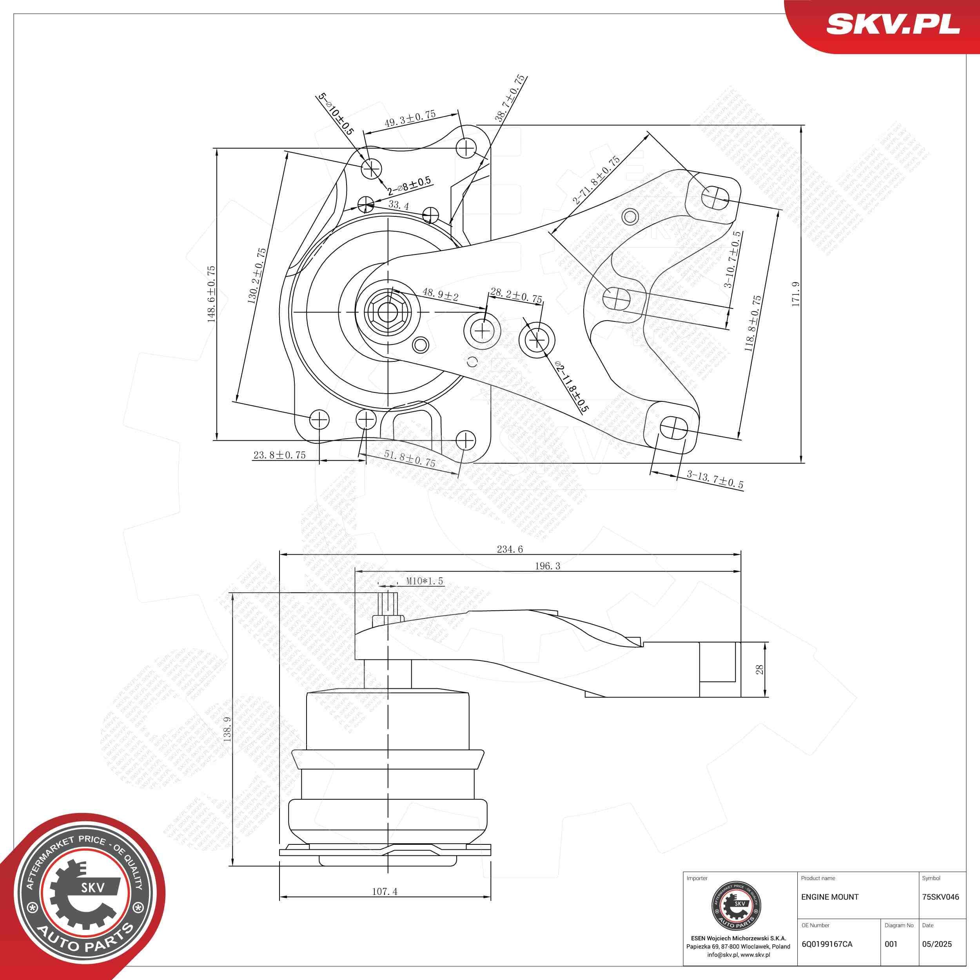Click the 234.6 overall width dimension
point(510,549)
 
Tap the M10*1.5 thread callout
point(425,581)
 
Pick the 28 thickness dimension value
point(759,670)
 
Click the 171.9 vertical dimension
point(795,294)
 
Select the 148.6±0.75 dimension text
point(211,294)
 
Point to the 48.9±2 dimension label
point(440,295)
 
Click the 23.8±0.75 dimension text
point(279,456)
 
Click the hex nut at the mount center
point(386,311)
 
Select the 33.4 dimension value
point(398,205)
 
